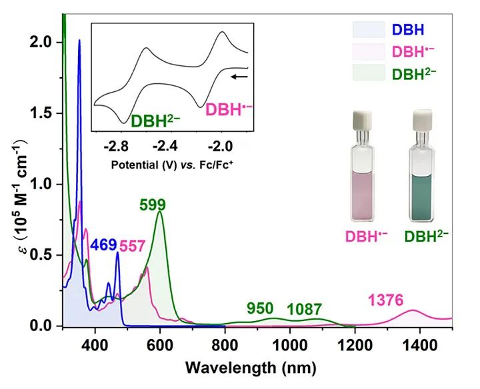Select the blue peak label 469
click(x=103, y=244)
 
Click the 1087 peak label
click(x=305, y=309)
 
